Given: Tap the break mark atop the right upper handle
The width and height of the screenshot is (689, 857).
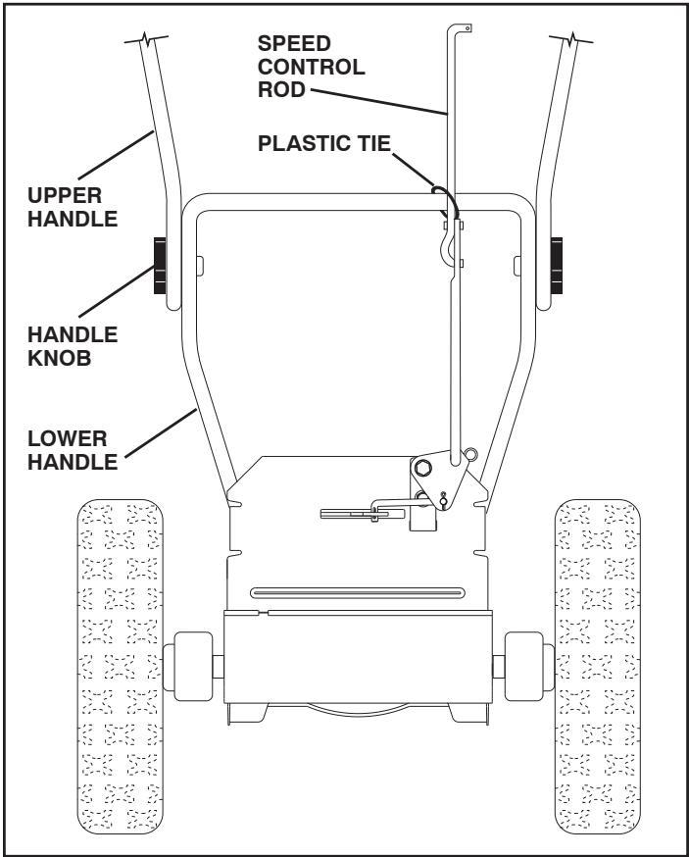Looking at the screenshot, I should (x=575, y=42).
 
